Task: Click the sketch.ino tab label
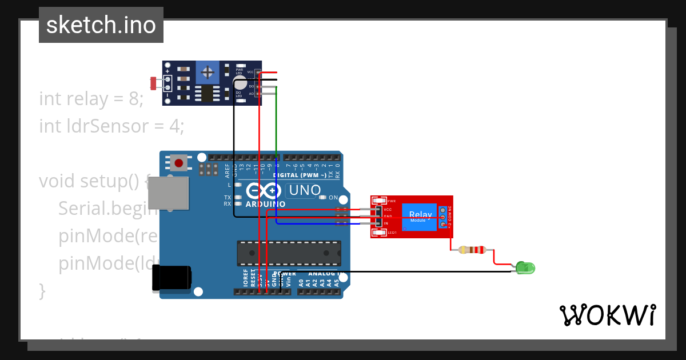[x=101, y=25]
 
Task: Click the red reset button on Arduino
[x=179, y=163]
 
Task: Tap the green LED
[x=525, y=267]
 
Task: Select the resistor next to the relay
[x=472, y=250]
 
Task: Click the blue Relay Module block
[x=421, y=217]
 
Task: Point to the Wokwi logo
[x=607, y=315]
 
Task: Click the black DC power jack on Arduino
[x=171, y=278]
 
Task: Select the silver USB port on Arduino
[x=169, y=193]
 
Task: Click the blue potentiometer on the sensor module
[x=209, y=73]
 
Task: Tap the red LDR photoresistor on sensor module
[x=154, y=83]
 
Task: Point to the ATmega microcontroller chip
[x=289, y=253]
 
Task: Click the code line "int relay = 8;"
[x=91, y=99]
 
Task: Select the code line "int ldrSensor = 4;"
[x=111, y=126]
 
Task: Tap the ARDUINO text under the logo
[x=265, y=204]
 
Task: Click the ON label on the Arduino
[x=333, y=198]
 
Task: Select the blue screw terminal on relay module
[x=443, y=217]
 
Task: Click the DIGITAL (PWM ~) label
[x=300, y=175]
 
